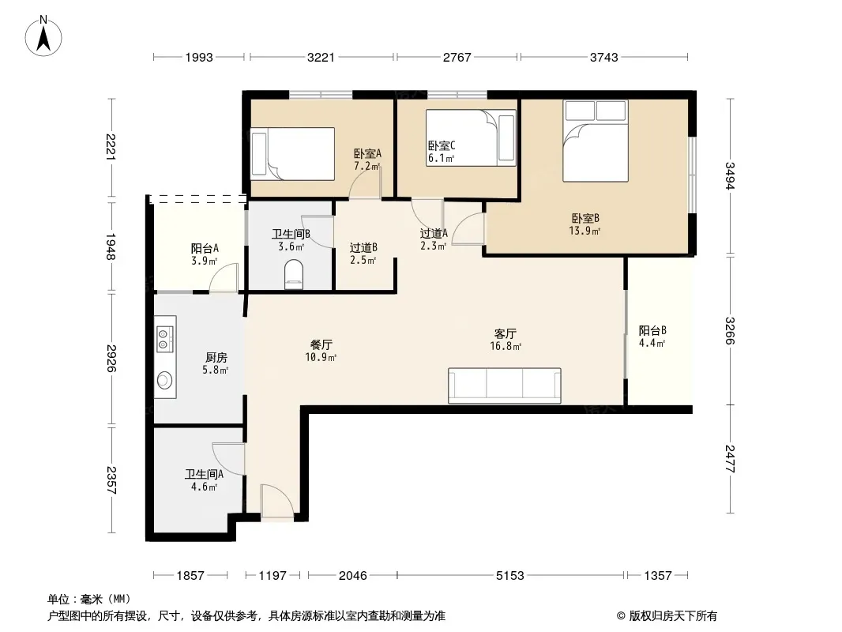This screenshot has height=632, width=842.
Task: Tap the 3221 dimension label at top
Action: (321, 57)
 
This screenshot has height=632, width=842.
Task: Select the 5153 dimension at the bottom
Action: (509, 576)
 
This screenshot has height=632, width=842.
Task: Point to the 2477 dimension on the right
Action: (729, 458)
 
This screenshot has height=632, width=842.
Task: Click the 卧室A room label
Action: (367, 154)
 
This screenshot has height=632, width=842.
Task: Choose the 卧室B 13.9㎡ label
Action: (585, 224)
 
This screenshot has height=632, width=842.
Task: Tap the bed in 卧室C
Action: (471, 137)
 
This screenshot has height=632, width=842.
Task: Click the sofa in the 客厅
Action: (504, 386)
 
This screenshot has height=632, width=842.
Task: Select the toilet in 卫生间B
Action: (293, 274)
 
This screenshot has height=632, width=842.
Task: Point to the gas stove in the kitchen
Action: (164, 338)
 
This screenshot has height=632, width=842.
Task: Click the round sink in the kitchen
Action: (164, 381)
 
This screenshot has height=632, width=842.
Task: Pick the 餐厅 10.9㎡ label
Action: (321, 351)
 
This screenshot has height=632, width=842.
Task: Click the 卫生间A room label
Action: (204, 474)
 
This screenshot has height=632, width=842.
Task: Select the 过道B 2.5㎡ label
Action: (363, 254)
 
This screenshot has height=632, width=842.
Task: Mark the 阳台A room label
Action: (205, 249)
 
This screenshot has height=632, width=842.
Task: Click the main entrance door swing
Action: (277, 502)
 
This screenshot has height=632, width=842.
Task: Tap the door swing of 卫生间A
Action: (229, 458)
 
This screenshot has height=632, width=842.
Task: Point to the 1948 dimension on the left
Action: (111, 246)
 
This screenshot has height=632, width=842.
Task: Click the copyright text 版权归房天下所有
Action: (672, 616)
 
